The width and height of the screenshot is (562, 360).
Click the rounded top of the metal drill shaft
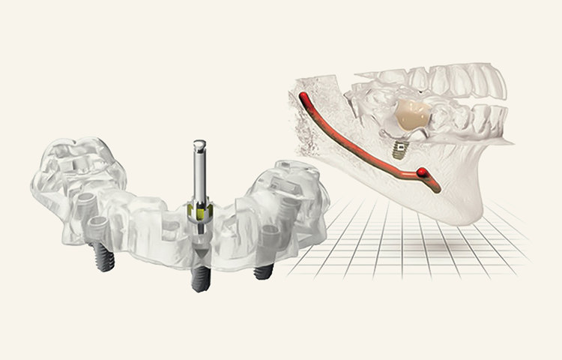(199, 143)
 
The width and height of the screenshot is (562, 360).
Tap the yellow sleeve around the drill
(200, 211)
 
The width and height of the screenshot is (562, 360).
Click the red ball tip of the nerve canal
(426, 173)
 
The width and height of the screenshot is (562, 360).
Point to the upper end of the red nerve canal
(303, 97)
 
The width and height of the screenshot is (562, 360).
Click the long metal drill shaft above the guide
(199, 172)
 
